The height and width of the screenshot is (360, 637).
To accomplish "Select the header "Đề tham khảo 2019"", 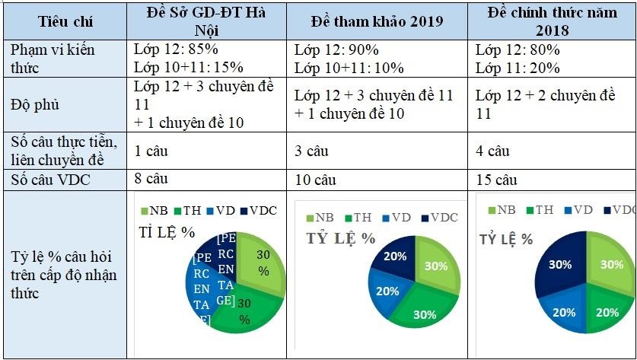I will pyautogui.click(x=377, y=21).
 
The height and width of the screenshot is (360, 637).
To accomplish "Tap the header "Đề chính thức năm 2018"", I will pyautogui.click(x=552, y=21).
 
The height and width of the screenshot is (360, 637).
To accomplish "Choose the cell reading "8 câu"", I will pyautogui.click(x=151, y=180).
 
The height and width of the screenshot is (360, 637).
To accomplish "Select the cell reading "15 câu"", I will pyautogui.click(x=496, y=180).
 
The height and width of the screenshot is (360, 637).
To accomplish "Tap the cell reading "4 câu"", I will pyautogui.click(x=492, y=151).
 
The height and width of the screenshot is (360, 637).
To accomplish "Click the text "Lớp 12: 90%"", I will pyautogui.click(x=336, y=49).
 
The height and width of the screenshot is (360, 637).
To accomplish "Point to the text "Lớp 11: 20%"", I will pyautogui.click(x=518, y=68).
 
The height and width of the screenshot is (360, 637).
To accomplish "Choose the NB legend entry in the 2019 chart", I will pyautogui.click(x=320, y=217).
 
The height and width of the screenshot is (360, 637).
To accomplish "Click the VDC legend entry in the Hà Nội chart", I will pyautogui.click(x=259, y=210).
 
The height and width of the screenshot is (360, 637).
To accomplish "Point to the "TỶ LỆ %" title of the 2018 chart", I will pyautogui.click(x=505, y=238).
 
